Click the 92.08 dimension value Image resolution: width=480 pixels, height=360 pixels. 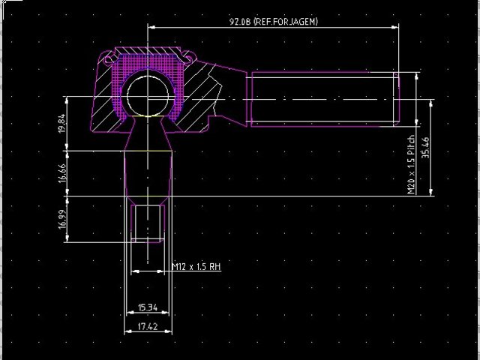[239, 22]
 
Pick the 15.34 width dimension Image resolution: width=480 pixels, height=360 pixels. [147, 307]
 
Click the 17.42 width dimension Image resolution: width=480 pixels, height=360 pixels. [147, 327]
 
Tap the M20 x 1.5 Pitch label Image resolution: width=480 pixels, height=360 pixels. [411, 166]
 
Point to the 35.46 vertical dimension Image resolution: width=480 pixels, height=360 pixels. [425, 148]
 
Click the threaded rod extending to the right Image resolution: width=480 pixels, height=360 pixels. [322, 98]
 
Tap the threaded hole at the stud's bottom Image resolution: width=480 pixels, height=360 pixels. [148, 223]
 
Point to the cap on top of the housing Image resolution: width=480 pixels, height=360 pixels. [148, 52]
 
